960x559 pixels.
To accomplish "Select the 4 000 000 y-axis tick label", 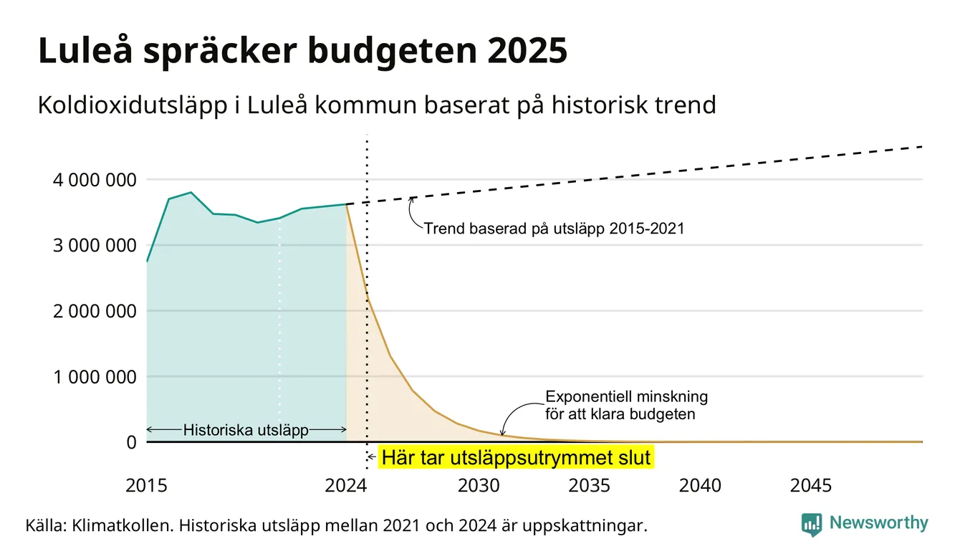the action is pos(95,180).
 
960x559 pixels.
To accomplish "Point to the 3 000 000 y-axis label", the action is pos(95,246).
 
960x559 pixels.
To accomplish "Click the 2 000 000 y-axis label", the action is pos(95,311).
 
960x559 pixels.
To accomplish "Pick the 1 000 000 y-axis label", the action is pos(95,377).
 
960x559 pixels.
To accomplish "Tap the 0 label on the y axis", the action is pos(131,442).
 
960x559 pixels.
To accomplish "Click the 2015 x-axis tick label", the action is pos(146,486).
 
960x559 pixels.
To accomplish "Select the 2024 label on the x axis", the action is pos(346,486).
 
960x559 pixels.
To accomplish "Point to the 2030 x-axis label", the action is pos(479,486).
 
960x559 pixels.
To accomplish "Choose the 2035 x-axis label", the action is pos(590,486).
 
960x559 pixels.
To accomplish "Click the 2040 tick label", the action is pos(700,486).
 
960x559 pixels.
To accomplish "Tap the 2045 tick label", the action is pos(811,486).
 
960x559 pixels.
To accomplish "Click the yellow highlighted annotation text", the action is pos(516,457).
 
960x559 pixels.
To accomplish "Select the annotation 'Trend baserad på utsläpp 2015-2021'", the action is pos(554,229).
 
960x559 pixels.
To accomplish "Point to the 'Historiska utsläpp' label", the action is pos(246,430).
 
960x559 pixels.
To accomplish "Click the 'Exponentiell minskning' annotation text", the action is pos(627,396).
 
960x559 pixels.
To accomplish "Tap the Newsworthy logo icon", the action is pos(812,525).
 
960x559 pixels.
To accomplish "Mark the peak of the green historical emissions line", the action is pos(191,193).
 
